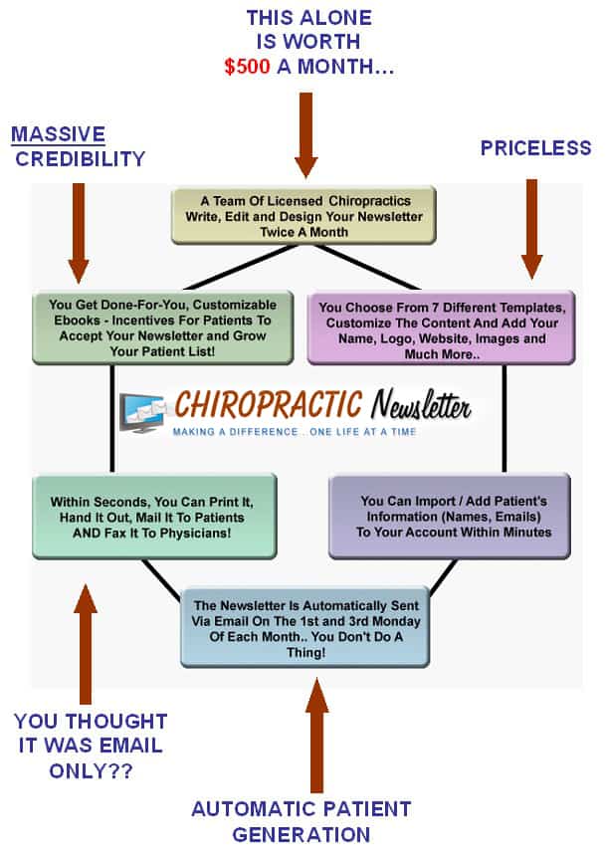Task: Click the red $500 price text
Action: (x=247, y=67)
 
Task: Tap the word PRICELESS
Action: (x=535, y=148)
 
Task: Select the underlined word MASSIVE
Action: (x=58, y=134)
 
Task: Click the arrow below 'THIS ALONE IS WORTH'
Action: (x=305, y=135)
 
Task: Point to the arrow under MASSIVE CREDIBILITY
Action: (x=79, y=233)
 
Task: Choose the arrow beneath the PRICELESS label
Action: (x=531, y=229)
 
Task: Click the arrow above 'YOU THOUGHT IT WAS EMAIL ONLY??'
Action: (x=85, y=644)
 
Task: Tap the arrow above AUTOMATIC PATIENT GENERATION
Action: (x=316, y=736)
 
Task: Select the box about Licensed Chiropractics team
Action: (x=304, y=216)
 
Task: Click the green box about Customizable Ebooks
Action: (x=162, y=328)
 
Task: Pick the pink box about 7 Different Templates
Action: (x=441, y=328)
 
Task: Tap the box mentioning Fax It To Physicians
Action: (x=154, y=517)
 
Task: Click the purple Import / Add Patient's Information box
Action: (x=450, y=517)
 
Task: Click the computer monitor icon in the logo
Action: (x=142, y=412)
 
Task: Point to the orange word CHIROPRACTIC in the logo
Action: (x=269, y=404)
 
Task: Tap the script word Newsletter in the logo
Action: (x=421, y=405)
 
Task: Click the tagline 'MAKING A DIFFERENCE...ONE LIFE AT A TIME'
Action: (x=295, y=432)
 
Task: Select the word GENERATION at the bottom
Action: (x=302, y=834)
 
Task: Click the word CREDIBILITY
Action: (x=80, y=159)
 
